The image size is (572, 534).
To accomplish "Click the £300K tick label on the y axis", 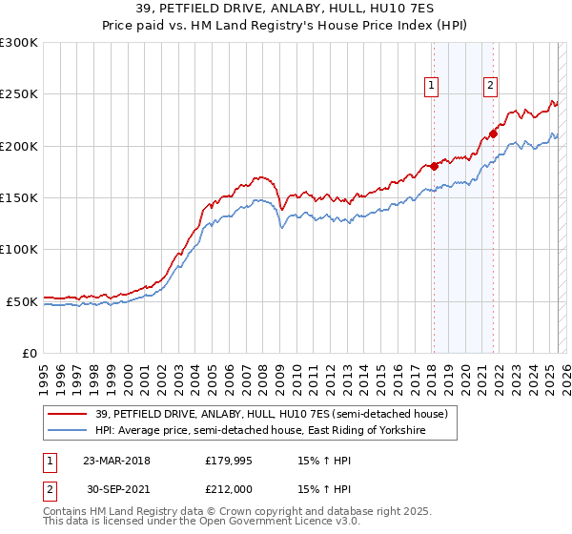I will point(19,43).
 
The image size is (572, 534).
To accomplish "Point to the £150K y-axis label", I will point(19,197).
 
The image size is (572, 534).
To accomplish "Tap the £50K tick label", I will point(22,301).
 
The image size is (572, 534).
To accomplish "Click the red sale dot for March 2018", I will point(434,166).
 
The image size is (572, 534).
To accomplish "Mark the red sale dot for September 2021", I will point(493,133).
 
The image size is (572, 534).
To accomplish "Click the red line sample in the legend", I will point(68,414).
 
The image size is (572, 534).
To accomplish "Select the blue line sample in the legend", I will point(68,431).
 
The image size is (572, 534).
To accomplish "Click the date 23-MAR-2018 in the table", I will point(116,461).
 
